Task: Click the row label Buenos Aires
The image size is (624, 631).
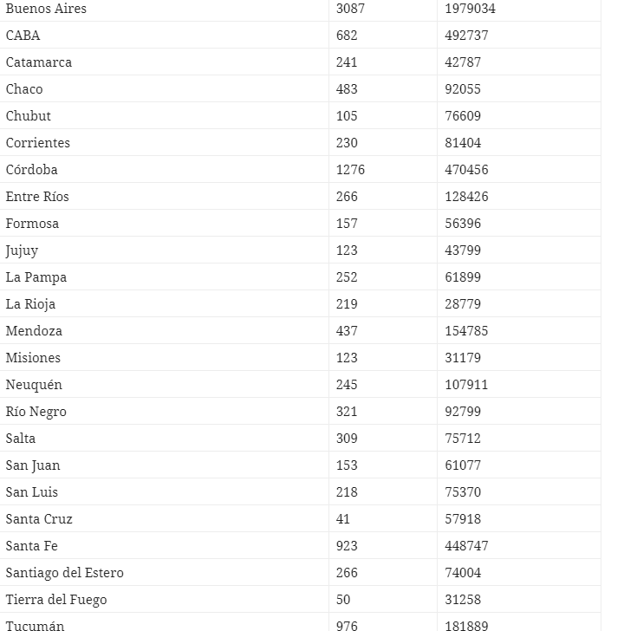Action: coord(46,9)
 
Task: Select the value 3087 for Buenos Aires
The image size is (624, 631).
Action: coord(350,9)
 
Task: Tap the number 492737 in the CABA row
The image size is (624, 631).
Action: coord(467,36)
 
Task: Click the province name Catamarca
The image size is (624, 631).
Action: coord(39,62)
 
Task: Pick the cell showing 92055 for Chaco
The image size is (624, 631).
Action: coord(463,89)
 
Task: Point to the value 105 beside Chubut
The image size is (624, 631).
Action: coord(347,116)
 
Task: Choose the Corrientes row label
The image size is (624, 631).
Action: coord(38,143)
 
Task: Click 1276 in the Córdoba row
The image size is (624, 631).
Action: coord(350,170)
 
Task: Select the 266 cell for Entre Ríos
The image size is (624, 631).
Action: coord(347,197)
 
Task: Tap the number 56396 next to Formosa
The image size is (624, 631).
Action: coord(463,224)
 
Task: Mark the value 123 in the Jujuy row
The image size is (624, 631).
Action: coord(347,250)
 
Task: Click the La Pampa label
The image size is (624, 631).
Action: coord(36,277)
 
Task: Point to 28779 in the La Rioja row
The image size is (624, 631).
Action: coord(463,304)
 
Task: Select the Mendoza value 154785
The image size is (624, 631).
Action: coord(467,331)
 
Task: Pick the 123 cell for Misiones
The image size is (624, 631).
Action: coord(347,358)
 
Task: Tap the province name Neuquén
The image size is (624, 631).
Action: coord(34,385)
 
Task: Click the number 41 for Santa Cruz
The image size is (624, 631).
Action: coord(343,519)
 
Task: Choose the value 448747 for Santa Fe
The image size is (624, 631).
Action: coord(467,546)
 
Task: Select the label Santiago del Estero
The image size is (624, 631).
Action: coord(65,573)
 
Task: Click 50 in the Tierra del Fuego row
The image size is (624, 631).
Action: coord(343,600)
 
